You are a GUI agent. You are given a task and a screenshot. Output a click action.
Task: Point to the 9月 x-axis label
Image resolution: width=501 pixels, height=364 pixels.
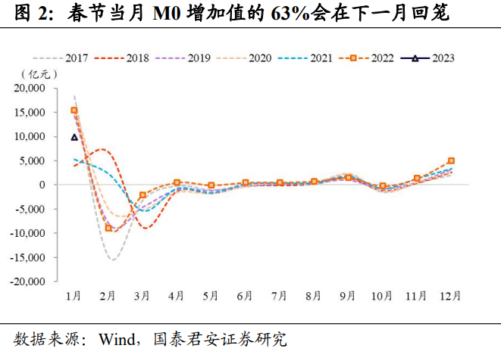pos(348,295)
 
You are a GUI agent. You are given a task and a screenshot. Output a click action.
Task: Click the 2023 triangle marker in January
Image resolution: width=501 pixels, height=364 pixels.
pos(74,137)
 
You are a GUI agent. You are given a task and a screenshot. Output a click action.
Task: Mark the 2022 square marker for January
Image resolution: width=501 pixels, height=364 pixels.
pos(74,110)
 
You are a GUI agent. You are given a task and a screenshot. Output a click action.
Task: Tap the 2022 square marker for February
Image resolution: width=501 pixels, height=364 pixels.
pos(109,228)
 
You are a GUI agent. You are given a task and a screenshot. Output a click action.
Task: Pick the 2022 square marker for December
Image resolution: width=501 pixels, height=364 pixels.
pos(451,160)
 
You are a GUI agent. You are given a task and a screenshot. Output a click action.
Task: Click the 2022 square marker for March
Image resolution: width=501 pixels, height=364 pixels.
pos(142,195)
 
